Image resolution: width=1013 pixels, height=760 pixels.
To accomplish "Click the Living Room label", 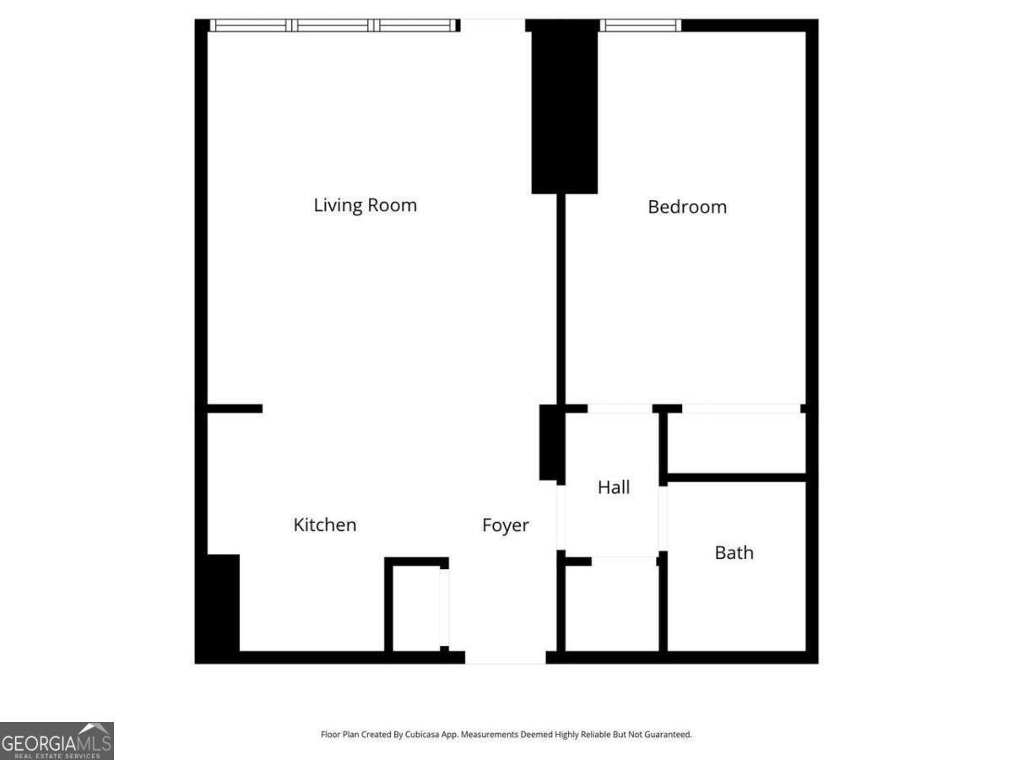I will point(365,205).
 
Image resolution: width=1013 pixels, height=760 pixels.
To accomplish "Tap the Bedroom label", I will point(686,207).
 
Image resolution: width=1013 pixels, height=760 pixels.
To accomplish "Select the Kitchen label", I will point(324,525).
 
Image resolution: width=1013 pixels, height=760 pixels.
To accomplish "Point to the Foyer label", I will point(505,525).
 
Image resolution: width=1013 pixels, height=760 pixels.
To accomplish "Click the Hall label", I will point(613,487).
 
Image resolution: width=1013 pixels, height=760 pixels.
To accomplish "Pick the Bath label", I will point(734,553).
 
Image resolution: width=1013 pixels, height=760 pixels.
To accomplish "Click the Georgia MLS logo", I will point(57,741).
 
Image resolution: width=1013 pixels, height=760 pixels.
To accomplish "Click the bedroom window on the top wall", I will point(640,25).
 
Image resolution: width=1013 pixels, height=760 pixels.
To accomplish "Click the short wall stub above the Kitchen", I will point(235,409).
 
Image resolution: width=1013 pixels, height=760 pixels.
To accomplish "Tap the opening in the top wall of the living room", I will point(492,25).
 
